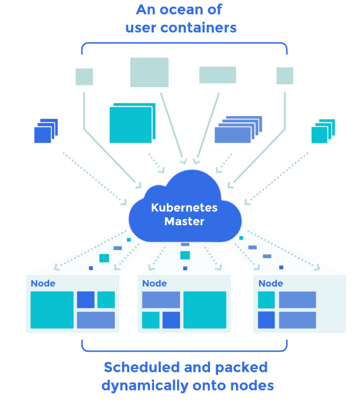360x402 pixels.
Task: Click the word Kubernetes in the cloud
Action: coord(185,208)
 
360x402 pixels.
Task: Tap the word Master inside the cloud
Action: coord(185,221)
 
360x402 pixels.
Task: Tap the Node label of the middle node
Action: coord(154,283)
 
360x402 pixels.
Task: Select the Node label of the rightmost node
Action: coord(271,283)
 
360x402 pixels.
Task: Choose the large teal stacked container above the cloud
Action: coord(131,124)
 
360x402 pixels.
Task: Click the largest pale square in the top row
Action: coord(149,72)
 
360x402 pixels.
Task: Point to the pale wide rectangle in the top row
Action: coord(217,75)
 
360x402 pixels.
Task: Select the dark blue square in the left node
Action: coord(85,300)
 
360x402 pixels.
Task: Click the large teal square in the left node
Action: coord(52,310)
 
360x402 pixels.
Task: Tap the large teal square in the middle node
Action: coord(205,310)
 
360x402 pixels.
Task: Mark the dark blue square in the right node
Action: coord(266,320)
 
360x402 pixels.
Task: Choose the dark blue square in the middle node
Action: coord(171,320)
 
